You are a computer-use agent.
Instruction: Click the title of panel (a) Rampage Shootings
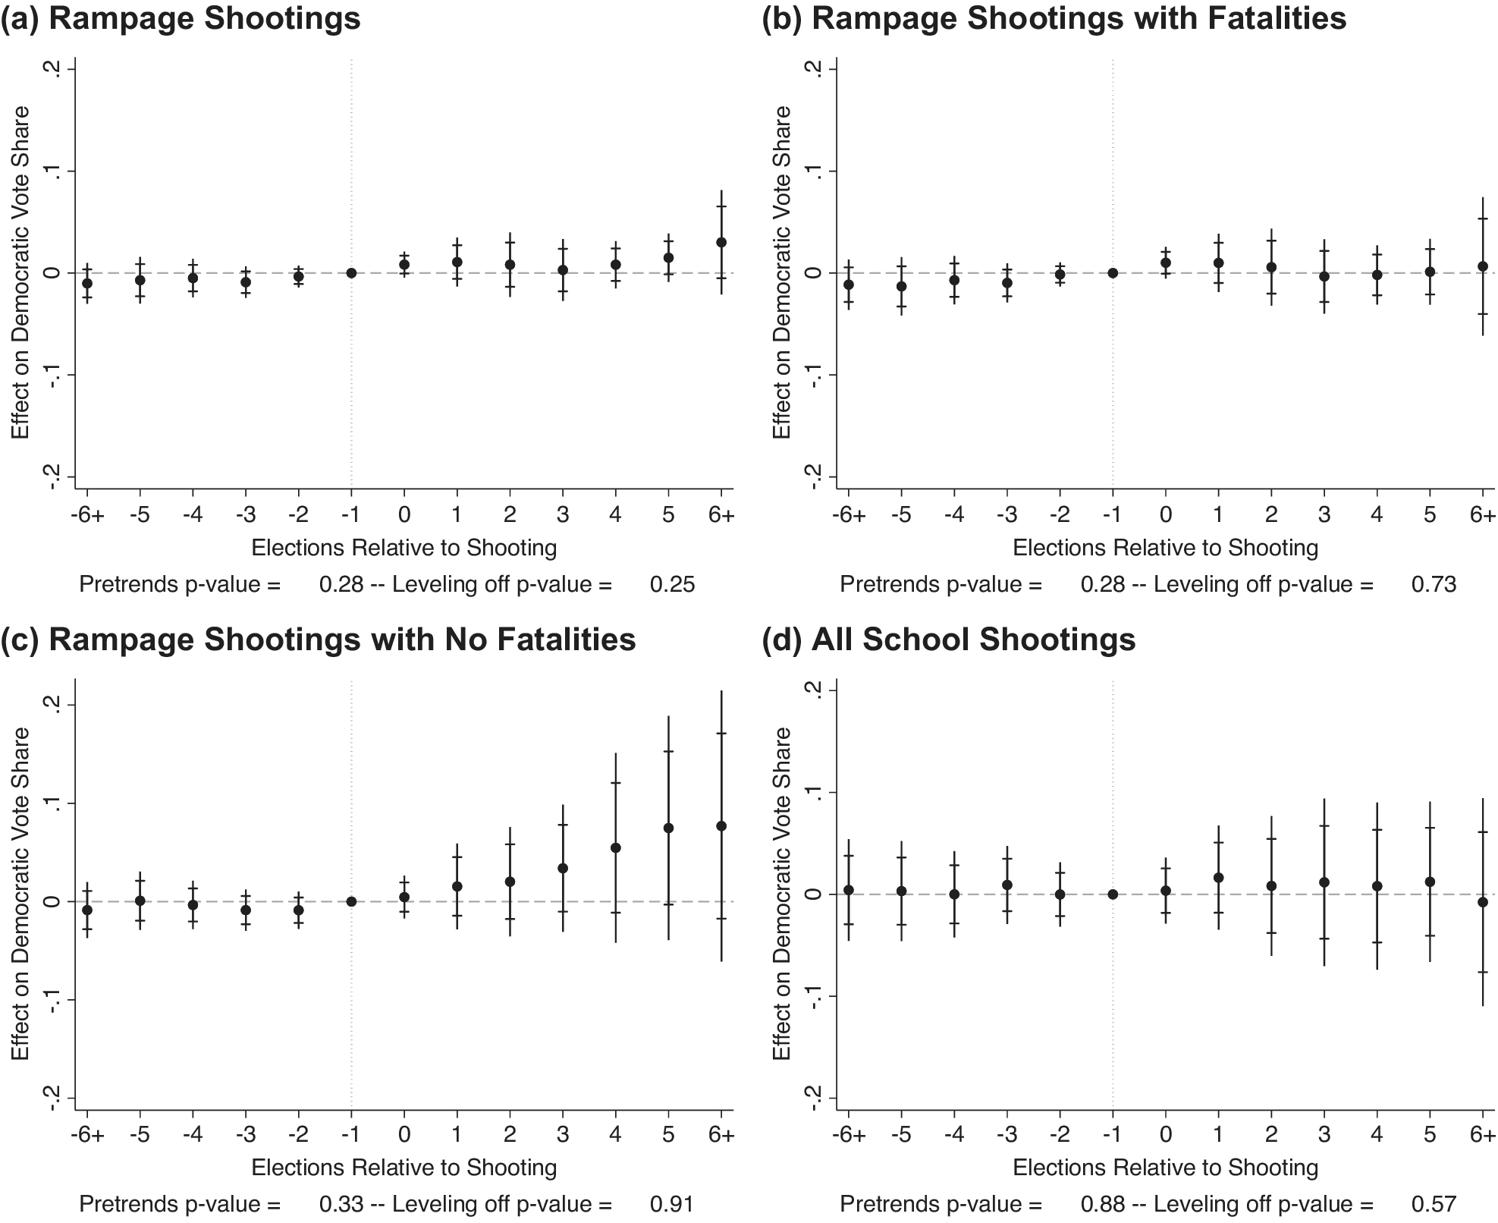point(181,18)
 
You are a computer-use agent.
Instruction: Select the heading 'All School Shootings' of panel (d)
point(973,640)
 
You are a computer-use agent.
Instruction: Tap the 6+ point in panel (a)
point(721,242)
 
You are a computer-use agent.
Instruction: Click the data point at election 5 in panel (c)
point(668,828)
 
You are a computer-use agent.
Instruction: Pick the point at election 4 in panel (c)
point(616,847)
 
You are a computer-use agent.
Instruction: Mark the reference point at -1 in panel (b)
point(1113,273)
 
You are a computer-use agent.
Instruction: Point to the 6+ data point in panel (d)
point(1483,902)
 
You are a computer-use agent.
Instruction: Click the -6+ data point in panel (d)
point(849,890)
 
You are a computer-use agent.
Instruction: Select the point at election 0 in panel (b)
point(1166,263)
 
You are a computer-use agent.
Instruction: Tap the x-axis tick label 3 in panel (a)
point(563,514)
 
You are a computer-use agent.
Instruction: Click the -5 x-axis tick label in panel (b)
point(901,514)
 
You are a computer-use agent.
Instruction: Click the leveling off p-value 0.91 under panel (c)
point(672,1204)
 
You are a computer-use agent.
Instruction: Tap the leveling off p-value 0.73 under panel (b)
point(1434,584)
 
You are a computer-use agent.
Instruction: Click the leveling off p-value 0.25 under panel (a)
point(672,584)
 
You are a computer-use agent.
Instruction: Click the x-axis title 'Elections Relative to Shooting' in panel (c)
point(404,1168)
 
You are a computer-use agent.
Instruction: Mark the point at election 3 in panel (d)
point(1324,882)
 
